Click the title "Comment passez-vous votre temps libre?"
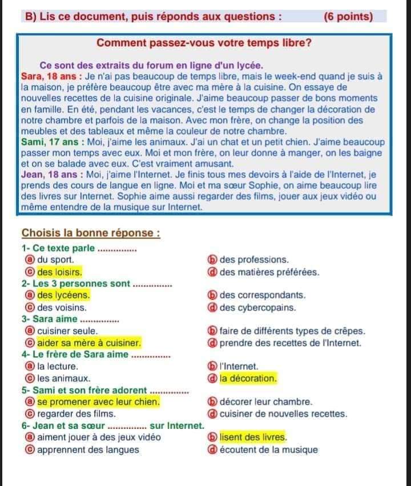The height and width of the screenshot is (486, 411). coord(204,43)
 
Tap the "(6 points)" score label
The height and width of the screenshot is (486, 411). coord(348,16)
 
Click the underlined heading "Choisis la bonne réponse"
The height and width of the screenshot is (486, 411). coord(90,233)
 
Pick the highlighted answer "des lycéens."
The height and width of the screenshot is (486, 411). coord(63,295)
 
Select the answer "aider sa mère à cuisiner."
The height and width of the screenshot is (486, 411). coord(88,343)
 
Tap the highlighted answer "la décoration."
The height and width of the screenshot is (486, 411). coord(248,378)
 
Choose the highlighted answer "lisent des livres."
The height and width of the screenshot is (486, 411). coord(253,438)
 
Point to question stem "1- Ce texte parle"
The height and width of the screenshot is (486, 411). coord(59,248)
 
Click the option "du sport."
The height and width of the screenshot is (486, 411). coord(55,260)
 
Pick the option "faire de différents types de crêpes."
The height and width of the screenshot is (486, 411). coord(292,331)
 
